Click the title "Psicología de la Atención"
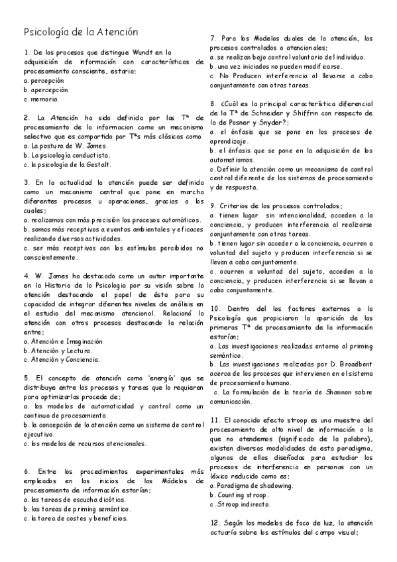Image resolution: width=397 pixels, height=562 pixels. click(x=81, y=31)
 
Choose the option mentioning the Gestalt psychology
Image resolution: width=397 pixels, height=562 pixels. click(x=68, y=164)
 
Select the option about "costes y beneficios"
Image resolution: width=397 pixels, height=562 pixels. click(x=76, y=518)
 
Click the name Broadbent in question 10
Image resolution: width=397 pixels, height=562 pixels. click(x=342, y=365)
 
